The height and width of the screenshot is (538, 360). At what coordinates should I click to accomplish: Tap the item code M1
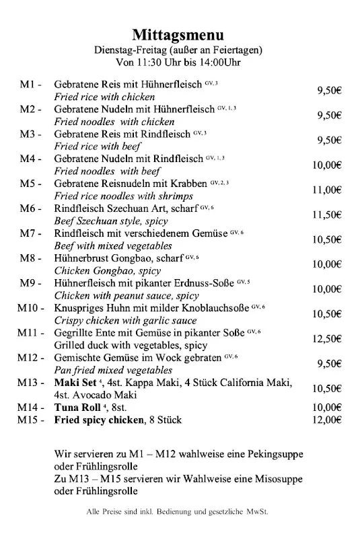(x=30, y=85)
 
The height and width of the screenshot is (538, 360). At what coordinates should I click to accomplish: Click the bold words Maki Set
(x=77, y=383)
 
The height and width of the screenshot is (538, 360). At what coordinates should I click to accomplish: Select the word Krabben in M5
(x=189, y=184)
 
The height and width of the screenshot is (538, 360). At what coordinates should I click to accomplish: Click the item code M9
(x=30, y=283)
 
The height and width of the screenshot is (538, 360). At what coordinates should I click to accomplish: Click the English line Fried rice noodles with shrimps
(x=123, y=196)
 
